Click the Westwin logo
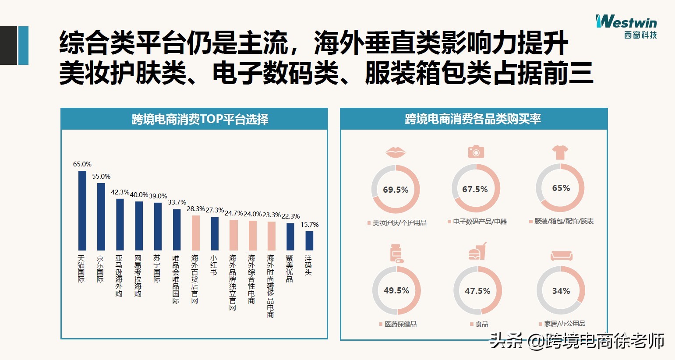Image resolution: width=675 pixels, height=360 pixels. coord(626,27)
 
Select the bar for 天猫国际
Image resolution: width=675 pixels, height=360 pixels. coord(82,210)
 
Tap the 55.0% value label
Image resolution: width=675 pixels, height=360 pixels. coord(101,176)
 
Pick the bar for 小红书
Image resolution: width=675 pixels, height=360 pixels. coord(215,233)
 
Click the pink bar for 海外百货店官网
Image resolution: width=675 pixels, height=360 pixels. coord(196,233)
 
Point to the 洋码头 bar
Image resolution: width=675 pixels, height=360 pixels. coord(309,240)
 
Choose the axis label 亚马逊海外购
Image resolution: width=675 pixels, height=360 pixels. coord(119,276)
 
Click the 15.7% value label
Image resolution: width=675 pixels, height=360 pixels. coord(309,225)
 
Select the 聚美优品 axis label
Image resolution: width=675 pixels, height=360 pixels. coord(290,268)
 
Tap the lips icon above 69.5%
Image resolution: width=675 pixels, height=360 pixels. coord(396,152)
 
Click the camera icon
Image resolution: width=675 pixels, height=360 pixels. coord(476,151)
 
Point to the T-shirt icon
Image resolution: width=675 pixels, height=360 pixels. coord(560,152)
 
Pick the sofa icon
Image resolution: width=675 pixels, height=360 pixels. coord(561,255)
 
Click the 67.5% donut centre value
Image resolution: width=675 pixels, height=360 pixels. coord(475,189)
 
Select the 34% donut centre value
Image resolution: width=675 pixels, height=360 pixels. coord(561,291)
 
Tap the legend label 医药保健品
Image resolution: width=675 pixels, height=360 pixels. coord(400,324)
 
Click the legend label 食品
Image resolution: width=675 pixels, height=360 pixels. coord(481,324)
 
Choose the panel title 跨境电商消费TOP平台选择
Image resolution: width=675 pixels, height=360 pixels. coord(200,119)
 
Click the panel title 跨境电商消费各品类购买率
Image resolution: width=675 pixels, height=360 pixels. coord(473,119)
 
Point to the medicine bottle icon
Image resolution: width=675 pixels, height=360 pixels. coord(396,254)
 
